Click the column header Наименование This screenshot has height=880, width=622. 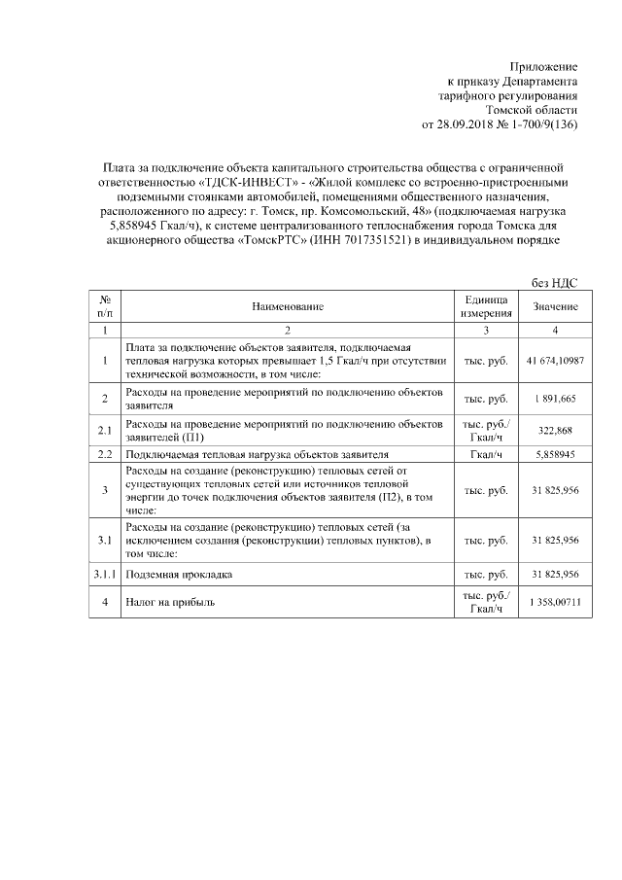coord(287,306)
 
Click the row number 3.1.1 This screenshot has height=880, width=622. coord(105,575)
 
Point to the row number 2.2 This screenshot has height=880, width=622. coord(105,454)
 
